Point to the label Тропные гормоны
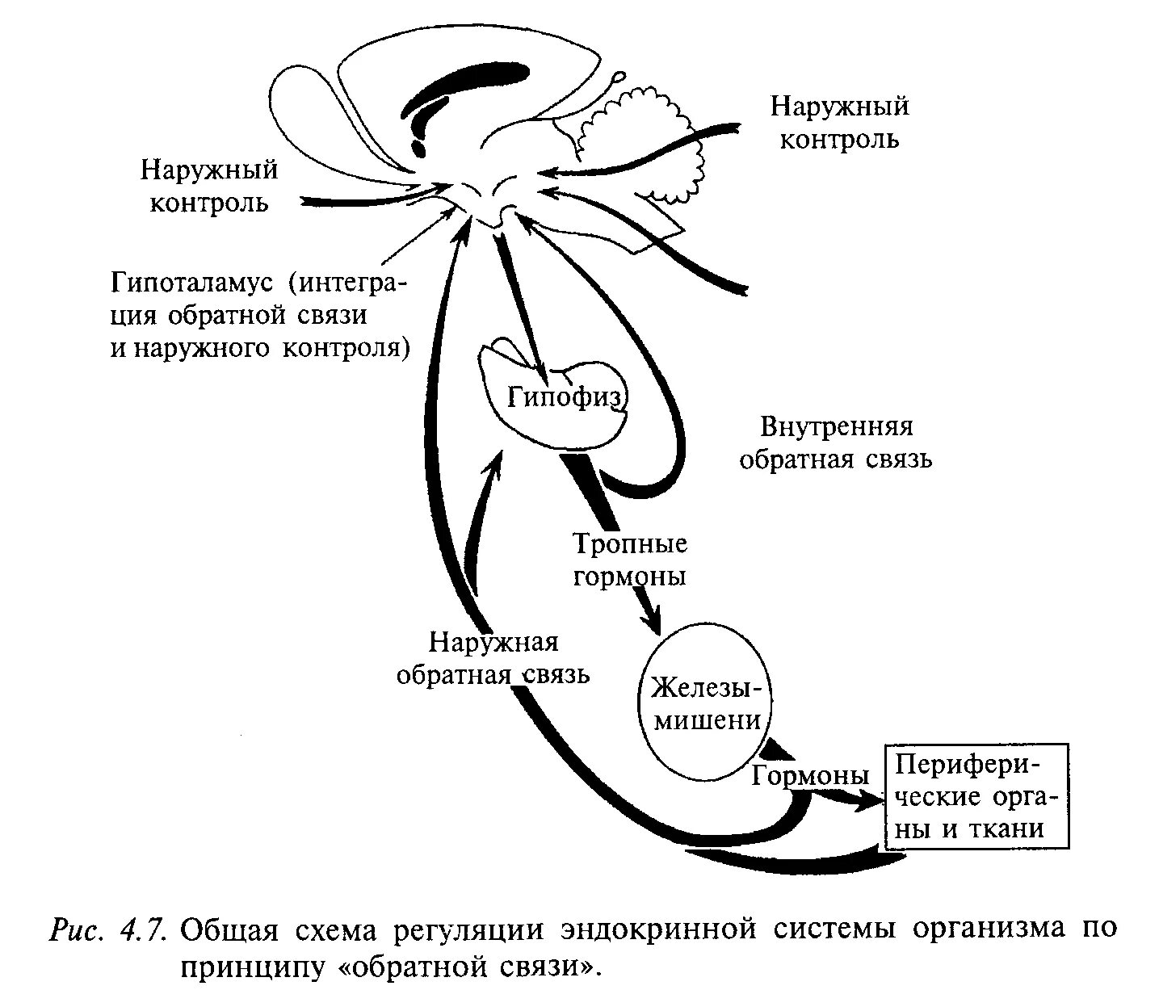coord(630,560)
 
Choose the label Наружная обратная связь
coord(493,658)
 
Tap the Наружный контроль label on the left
coord(209,186)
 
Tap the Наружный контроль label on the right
coord(839,122)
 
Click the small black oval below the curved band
coord(419,148)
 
